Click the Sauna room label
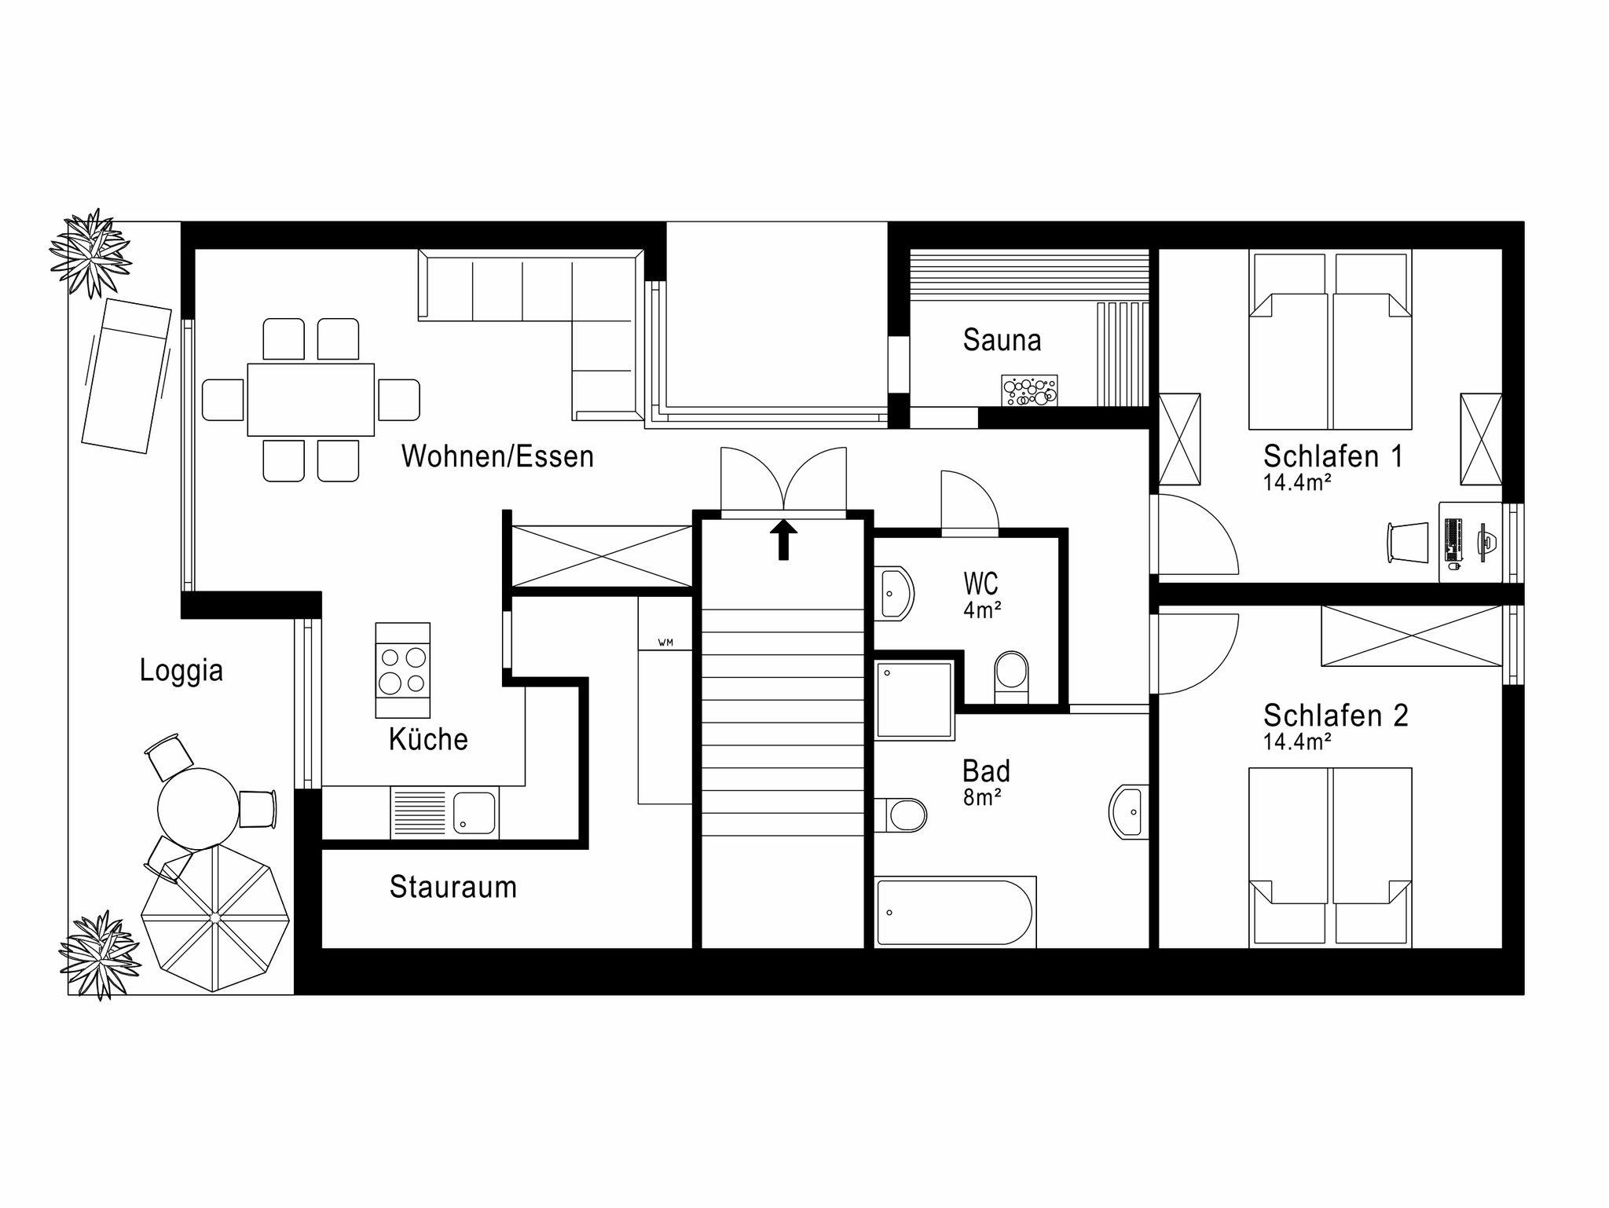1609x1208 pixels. (1002, 340)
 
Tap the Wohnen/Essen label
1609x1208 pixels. (497, 456)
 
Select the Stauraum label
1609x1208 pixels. (453, 887)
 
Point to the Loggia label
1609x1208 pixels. (181, 671)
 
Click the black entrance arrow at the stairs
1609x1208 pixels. (783, 540)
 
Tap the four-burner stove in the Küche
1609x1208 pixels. (402, 670)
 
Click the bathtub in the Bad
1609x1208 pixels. (955, 912)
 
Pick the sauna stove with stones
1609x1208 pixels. (1029, 390)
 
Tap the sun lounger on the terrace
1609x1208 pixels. (126, 375)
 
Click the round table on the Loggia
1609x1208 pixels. (198, 808)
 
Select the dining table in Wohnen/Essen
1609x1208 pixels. (310, 399)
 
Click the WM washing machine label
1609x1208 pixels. (665, 642)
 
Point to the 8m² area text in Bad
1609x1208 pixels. (982, 797)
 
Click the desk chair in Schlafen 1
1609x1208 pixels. (1408, 542)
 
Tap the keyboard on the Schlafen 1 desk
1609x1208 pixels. (1453, 542)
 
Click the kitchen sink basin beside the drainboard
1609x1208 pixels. (475, 813)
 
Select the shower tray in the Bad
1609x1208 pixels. (914, 700)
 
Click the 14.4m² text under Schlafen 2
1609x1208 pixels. (1297, 741)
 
